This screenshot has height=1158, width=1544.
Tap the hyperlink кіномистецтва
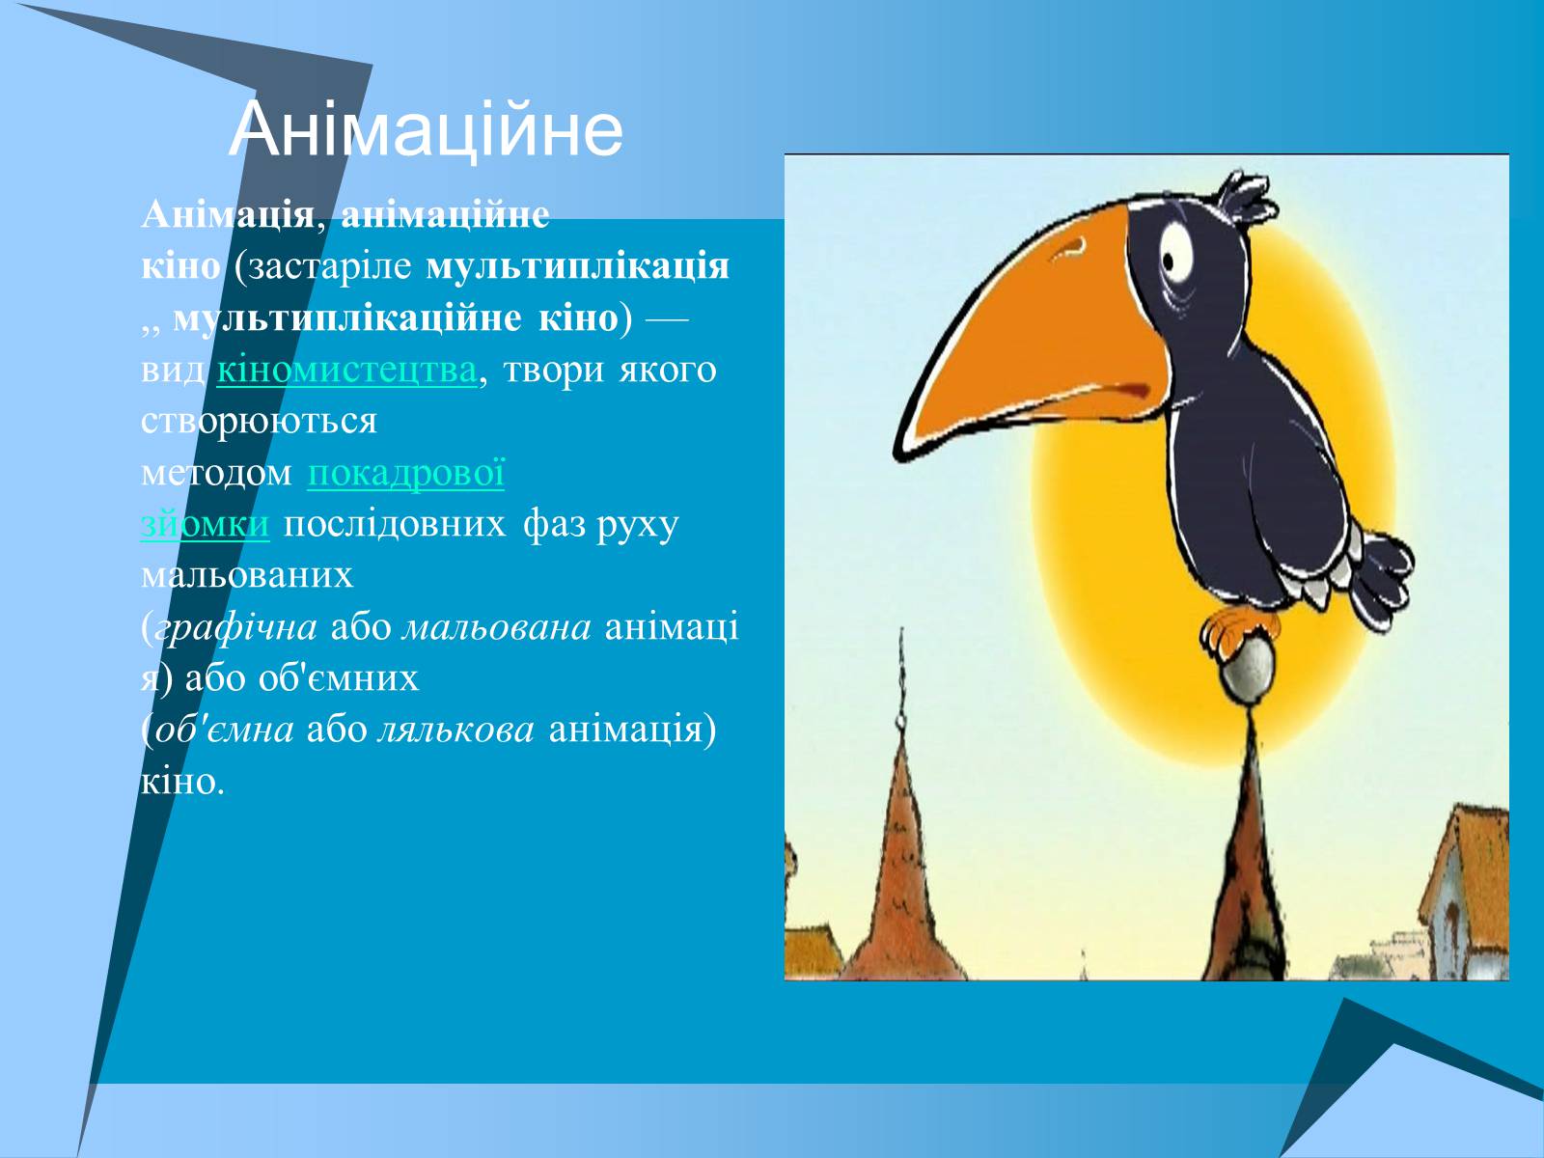click(346, 370)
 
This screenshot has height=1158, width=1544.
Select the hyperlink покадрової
click(406, 473)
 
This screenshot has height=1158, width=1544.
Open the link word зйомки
click(205, 525)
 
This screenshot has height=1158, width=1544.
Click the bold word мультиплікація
click(577, 267)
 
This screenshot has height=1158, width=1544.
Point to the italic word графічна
click(235, 628)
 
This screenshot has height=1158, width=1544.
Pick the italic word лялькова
click(455, 731)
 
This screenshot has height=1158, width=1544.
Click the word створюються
click(259, 422)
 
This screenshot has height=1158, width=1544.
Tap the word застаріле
click(330, 267)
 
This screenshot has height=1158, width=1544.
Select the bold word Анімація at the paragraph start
click(228, 215)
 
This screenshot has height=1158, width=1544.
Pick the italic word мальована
click(497, 628)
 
